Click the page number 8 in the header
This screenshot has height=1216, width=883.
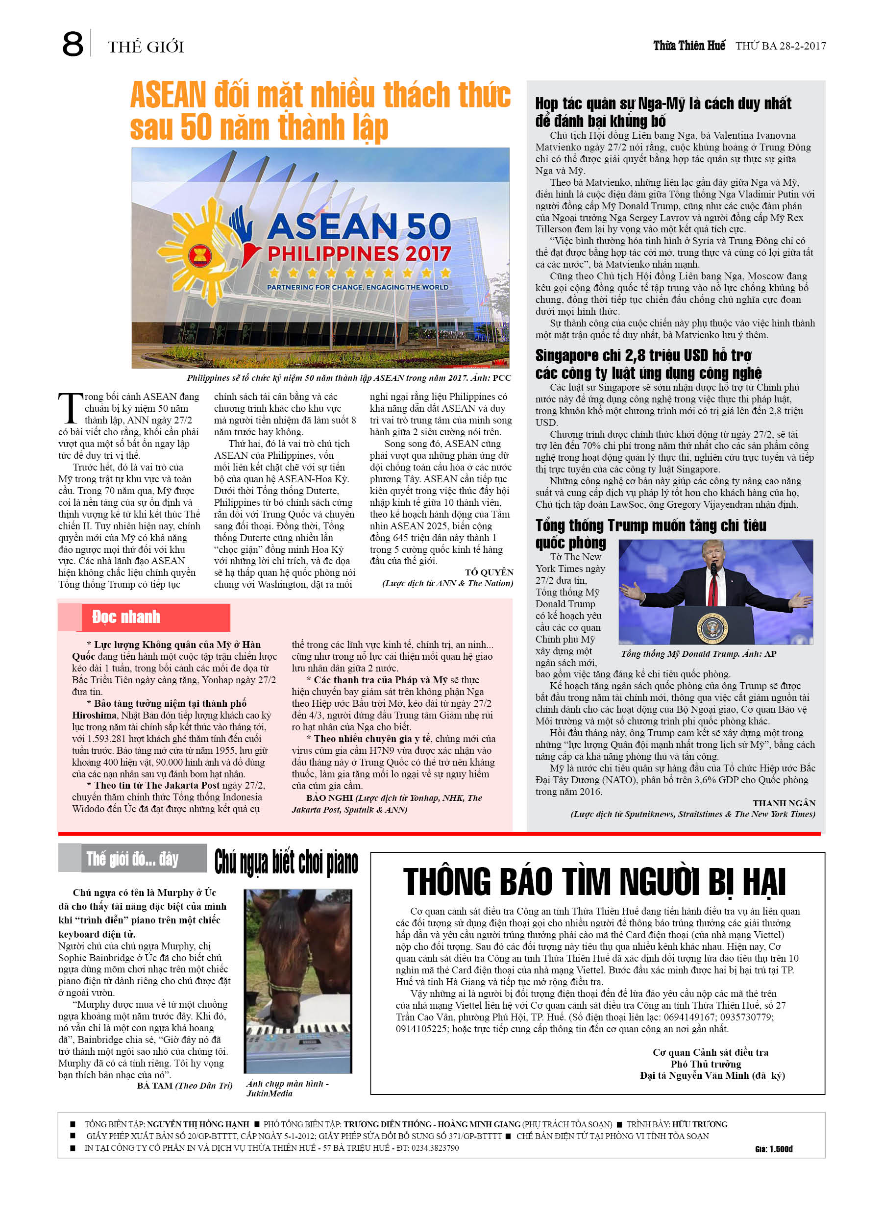pos(73,45)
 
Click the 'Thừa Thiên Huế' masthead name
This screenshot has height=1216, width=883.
pos(688,46)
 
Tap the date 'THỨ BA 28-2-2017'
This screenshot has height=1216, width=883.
pos(780,46)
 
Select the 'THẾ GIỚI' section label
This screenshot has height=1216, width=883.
pos(146,47)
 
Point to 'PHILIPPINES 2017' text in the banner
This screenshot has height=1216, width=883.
pos(359,253)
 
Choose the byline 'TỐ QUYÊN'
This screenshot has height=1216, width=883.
pos(489,572)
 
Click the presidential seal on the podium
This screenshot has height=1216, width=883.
pos(712,627)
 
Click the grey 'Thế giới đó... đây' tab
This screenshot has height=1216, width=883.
pos(132,859)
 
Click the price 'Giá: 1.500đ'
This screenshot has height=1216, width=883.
pos(773,1148)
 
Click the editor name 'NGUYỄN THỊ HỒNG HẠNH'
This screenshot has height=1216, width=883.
pos(198,1124)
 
